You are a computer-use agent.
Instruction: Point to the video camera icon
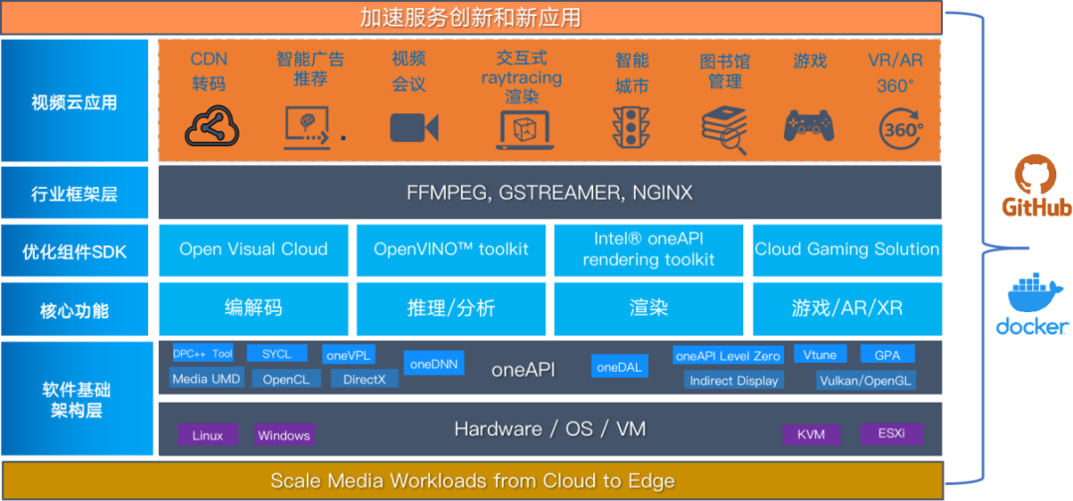point(414,127)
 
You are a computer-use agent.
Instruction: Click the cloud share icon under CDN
point(212,126)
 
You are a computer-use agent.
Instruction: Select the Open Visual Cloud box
point(253,250)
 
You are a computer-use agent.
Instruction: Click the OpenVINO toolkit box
point(450,250)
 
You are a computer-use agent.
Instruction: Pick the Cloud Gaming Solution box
point(846,250)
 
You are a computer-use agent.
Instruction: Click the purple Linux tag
point(208,435)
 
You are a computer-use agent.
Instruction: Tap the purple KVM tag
point(811,434)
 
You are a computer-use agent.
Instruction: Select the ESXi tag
point(891,434)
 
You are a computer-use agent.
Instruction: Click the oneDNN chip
point(434,364)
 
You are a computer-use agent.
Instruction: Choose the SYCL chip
point(276,354)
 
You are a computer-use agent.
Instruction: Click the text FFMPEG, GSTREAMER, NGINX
point(549,192)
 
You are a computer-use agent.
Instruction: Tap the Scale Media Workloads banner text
point(472,481)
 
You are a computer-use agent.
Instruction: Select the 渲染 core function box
point(649,308)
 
